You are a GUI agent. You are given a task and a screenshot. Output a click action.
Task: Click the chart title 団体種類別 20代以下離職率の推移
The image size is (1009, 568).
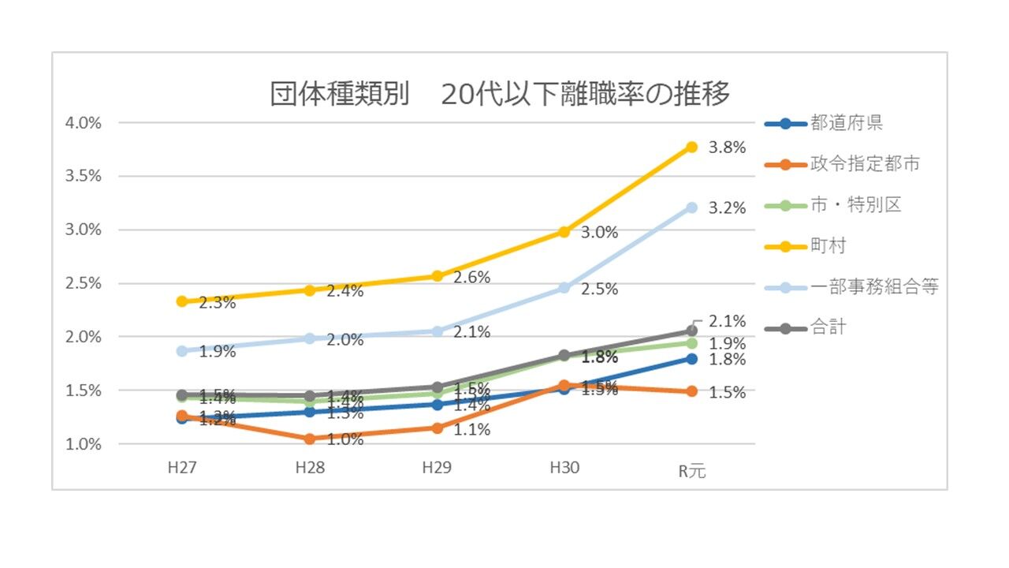pyautogui.click(x=500, y=94)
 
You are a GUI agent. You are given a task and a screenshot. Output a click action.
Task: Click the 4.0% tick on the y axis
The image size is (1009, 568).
pyautogui.click(x=84, y=123)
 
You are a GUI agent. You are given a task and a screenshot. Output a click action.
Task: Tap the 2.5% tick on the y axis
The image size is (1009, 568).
pyautogui.click(x=84, y=283)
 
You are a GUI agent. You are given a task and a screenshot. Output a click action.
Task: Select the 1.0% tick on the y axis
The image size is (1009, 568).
pyautogui.click(x=84, y=444)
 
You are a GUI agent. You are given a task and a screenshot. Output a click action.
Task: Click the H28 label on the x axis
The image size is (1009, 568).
pyautogui.click(x=310, y=468)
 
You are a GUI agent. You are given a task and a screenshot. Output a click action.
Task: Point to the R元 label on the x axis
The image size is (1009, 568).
pyautogui.click(x=692, y=472)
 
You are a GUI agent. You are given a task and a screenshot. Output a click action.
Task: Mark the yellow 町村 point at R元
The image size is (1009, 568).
pyautogui.click(x=691, y=147)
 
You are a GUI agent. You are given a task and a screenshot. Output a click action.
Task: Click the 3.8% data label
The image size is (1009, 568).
pyautogui.click(x=727, y=148)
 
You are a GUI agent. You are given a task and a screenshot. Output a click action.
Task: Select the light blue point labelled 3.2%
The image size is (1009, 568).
pyautogui.click(x=691, y=207)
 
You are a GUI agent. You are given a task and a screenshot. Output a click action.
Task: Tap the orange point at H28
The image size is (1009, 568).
pyautogui.click(x=310, y=439)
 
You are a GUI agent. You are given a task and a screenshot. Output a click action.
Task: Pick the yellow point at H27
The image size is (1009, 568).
pyautogui.click(x=182, y=301)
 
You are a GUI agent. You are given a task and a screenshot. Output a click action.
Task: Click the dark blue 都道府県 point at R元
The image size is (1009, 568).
pyautogui.click(x=691, y=359)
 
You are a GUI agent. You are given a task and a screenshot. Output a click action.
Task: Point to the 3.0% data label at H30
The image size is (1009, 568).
pyautogui.click(x=599, y=233)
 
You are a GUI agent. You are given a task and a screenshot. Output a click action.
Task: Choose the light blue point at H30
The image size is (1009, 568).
pyautogui.click(x=564, y=288)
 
